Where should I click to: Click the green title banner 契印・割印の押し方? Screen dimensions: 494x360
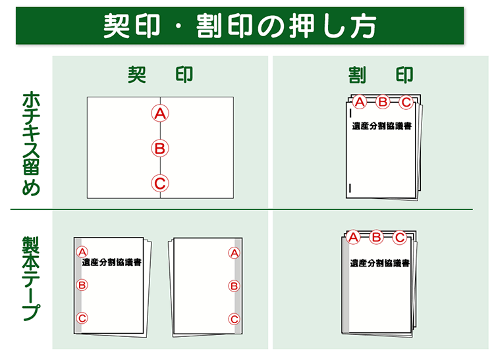240,26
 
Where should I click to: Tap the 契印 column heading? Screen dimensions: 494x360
160,75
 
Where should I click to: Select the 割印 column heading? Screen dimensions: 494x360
381,75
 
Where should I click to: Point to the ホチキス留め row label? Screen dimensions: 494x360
31,143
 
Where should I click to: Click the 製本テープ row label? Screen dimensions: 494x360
31,278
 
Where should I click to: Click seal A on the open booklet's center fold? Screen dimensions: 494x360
160,113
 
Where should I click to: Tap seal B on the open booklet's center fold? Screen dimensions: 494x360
160,148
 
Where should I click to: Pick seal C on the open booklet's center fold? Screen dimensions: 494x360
160,184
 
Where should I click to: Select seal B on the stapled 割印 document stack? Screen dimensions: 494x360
383,101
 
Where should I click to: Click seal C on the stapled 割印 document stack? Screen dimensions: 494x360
406,101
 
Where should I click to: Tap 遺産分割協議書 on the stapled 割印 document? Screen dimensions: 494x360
382,126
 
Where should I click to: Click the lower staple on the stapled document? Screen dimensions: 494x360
350,188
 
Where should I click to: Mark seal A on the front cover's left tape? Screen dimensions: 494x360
82,252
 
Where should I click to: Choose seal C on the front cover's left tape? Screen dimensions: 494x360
82,318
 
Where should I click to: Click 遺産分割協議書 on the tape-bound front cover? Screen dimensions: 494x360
112,262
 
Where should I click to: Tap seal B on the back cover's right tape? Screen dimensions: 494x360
234,286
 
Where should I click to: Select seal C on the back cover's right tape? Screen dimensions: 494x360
234,319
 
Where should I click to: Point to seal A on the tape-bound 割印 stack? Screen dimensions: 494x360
353,237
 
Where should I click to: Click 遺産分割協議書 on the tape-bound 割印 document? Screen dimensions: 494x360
379,263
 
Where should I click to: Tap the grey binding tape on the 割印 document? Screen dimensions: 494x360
346,285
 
